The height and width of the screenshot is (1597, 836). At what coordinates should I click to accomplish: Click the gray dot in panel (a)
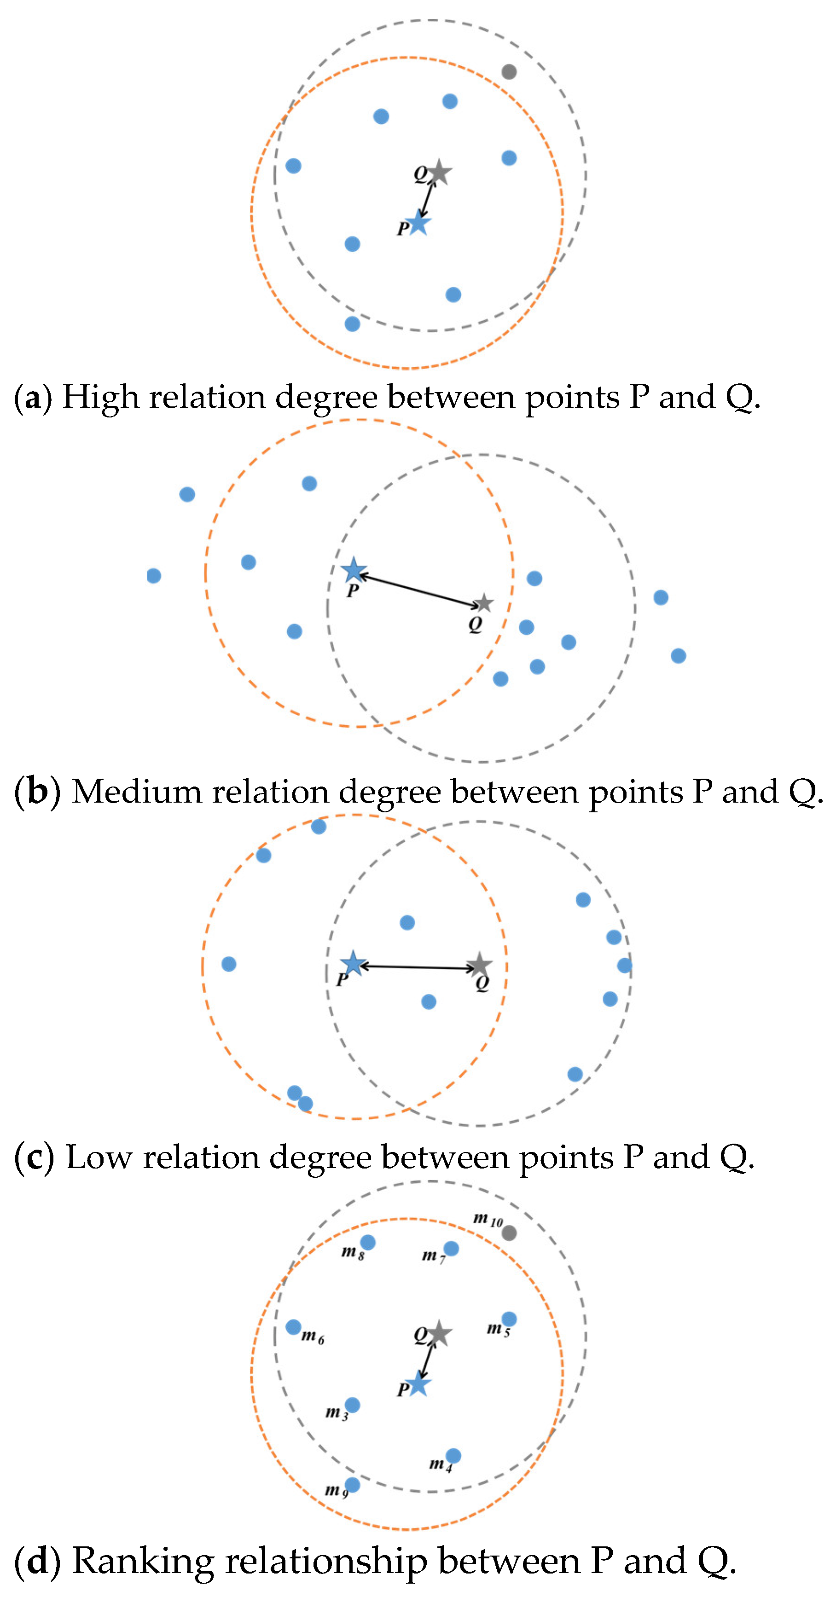click(509, 72)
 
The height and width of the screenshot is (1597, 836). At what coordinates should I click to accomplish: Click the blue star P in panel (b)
click(354, 570)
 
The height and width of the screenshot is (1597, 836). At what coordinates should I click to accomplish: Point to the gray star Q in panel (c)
click(479, 965)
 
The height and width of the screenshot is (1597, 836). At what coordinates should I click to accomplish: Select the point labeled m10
click(509, 1233)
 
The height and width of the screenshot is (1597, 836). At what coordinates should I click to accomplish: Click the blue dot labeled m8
click(368, 1242)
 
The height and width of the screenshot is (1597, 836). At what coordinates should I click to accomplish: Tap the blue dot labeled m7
click(451, 1249)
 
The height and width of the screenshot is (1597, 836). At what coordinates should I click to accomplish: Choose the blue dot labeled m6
click(293, 1327)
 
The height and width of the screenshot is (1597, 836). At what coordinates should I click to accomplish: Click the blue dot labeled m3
click(352, 1405)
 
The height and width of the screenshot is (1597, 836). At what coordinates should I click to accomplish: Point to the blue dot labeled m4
click(453, 1456)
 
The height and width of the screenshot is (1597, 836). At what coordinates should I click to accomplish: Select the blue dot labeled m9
click(352, 1485)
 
